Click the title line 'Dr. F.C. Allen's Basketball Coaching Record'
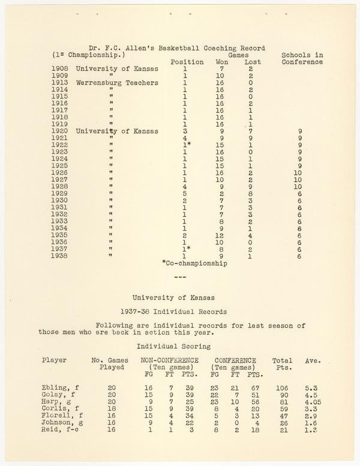coord(177,48)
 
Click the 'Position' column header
coord(187,62)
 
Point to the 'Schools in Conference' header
coord(302,58)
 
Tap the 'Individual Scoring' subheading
coord(173,346)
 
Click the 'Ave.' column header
coord(313,360)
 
